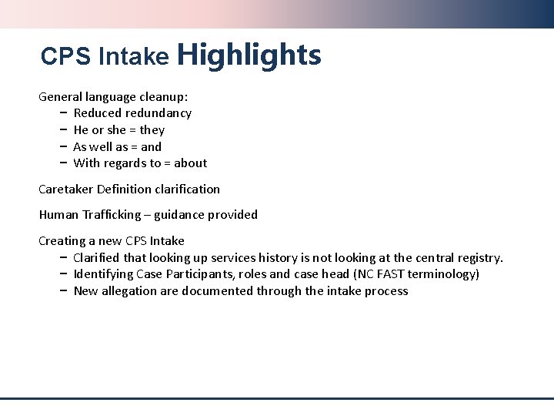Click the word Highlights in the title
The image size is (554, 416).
click(249, 55)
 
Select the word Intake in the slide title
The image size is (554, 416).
click(133, 57)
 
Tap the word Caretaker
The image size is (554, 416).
click(67, 189)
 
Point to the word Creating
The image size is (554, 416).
click(64, 241)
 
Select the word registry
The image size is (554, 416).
click(479, 257)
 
